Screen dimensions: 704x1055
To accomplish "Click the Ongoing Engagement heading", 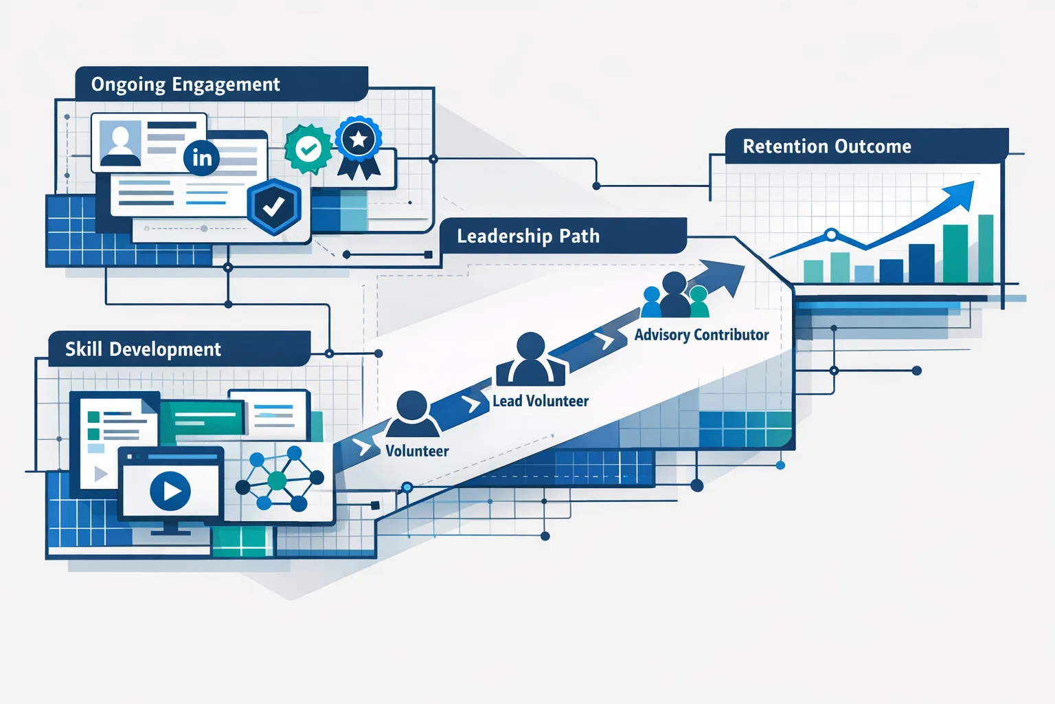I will point(185,85).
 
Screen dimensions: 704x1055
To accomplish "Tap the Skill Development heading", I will point(143,349).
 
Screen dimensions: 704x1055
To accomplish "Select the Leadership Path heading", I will point(528,236).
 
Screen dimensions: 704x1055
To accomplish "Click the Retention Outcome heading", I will point(827,146).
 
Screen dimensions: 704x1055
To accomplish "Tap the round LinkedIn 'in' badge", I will point(201,158).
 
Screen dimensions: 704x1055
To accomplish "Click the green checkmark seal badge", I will point(308,148).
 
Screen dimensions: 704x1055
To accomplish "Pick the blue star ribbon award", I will point(359,141).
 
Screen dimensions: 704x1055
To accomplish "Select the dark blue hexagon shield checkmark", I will point(274,206).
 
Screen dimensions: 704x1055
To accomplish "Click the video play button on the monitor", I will point(170,491).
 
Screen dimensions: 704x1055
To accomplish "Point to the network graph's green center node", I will point(277,481).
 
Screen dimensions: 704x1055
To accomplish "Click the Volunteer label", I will point(417,451).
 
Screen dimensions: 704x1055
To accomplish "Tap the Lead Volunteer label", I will point(541,401).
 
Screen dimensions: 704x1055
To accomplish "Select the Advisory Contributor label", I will point(701,335).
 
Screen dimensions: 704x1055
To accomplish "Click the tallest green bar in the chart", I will point(986,249).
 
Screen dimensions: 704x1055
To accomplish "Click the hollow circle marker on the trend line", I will point(831,235).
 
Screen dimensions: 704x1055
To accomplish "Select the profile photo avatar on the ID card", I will point(121,143).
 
